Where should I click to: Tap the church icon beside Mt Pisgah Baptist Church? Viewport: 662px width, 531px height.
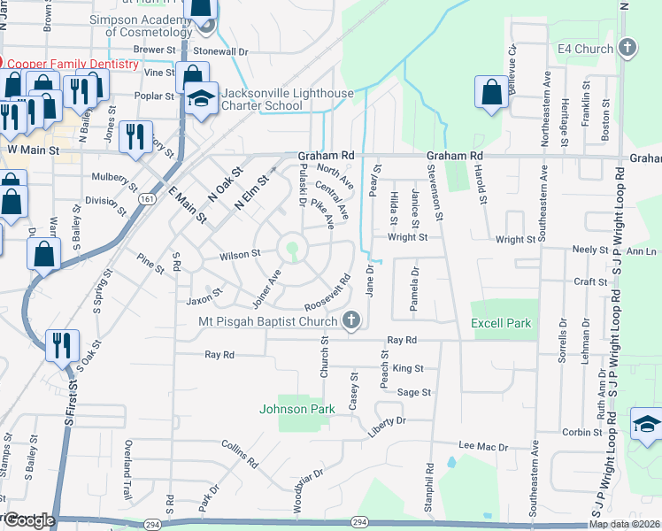click(x=351, y=320)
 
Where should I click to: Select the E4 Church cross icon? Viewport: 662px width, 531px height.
click(x=627, y=48)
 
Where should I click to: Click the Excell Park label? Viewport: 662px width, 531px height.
click(x=501, y=323)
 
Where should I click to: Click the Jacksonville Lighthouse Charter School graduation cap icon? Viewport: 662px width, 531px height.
click(x=202, y=99)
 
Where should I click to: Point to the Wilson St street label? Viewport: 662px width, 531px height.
click(x=240, y=253)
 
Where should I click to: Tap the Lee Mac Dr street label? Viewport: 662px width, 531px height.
click(x=483, y=447)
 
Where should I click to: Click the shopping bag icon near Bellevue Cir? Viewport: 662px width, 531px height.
click(x=491, y=93)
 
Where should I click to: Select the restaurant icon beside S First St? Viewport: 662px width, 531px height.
click(x=60, y=344)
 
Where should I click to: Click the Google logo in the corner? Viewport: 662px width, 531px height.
click(x=28, y=520)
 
